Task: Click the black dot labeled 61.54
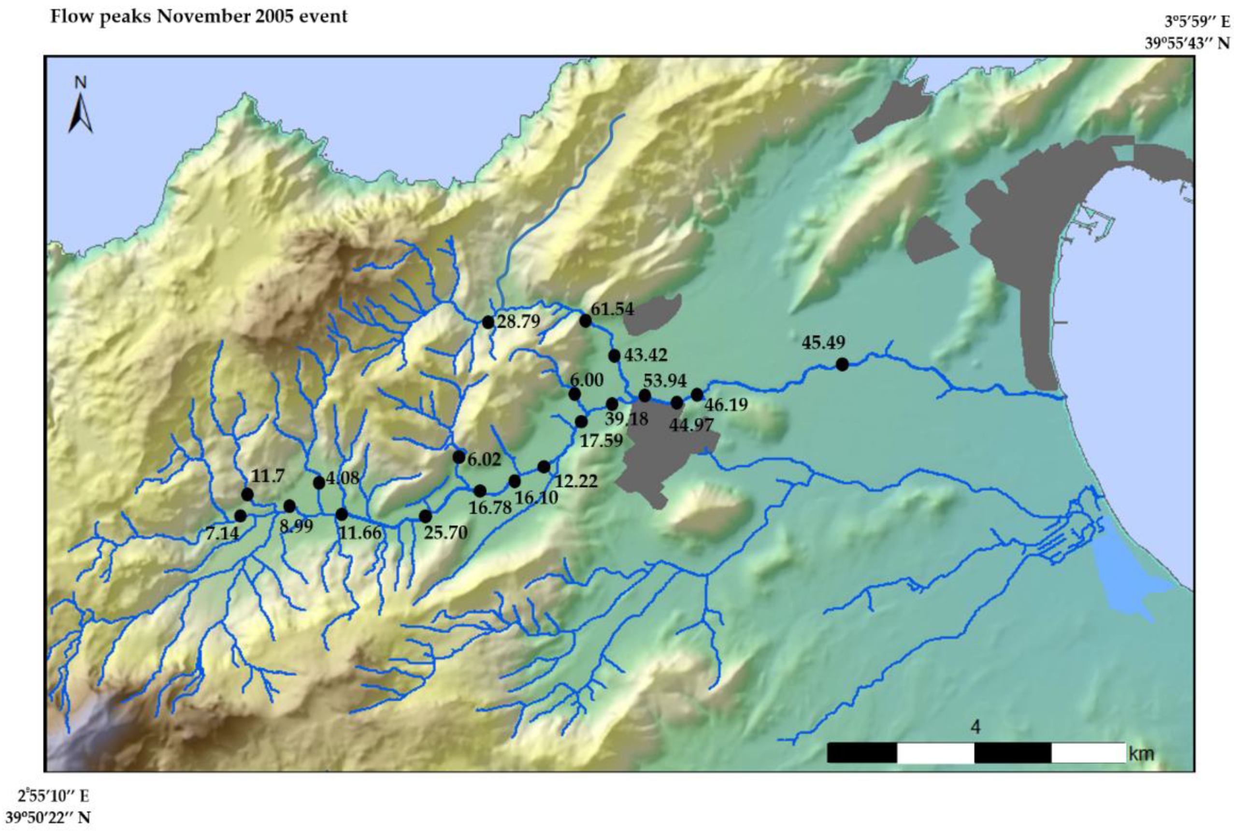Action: [585, 320]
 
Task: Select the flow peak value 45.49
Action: [823, 343]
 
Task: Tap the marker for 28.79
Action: [488, 322]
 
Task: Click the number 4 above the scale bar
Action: [975, 727]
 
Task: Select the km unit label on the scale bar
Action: [1141, 753]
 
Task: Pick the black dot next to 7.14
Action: [240, 515]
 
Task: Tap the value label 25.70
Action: [445, 532]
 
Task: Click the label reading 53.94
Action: [665, 380]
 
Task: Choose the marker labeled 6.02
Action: [459, 457]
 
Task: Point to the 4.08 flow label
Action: [343, 478]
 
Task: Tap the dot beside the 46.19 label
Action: [697, 394]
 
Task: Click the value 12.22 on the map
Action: [576, 481]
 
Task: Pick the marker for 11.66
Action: [342, 514]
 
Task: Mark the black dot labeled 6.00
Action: [574, 394]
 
